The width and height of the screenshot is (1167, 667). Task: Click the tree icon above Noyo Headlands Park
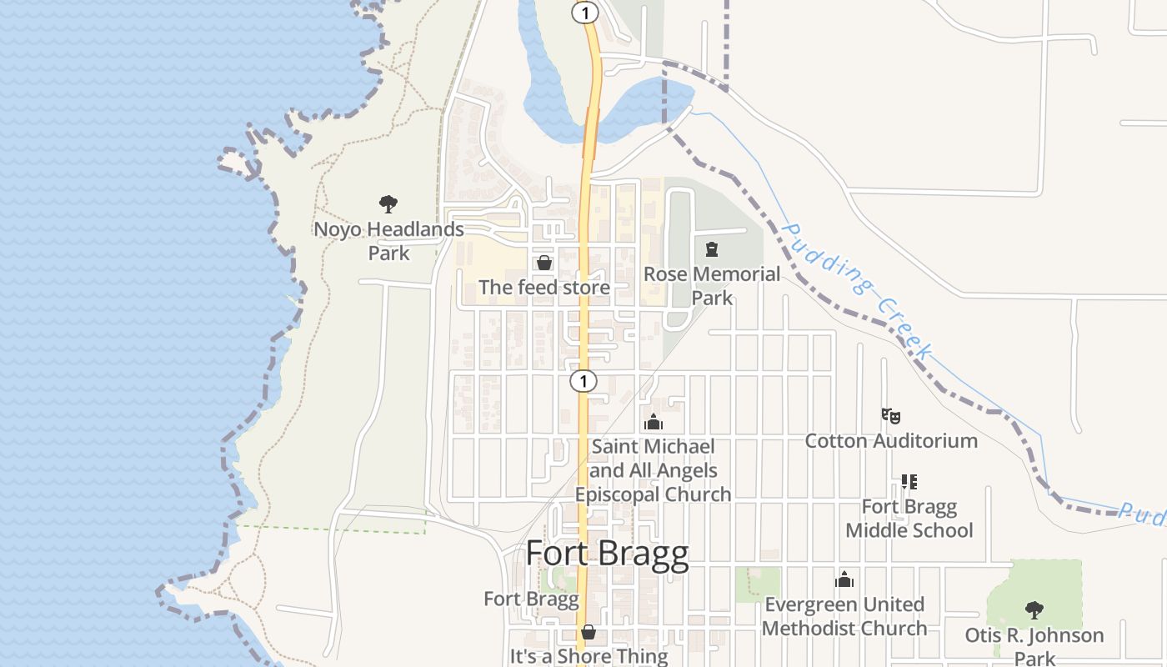(x=388, y=204)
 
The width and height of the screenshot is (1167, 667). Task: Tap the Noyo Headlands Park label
(x=388, y=241)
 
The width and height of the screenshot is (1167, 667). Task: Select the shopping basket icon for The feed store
(x=544, y=263)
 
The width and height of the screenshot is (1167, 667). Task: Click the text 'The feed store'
(x=544, y=288)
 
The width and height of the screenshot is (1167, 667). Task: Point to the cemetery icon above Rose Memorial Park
(x=712, y=249)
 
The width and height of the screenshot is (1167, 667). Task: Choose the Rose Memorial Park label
(x=712, y=286)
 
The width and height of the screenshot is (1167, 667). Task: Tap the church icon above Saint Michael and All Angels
(x=654, y=423)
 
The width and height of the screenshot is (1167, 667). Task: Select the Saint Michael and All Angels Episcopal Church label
(x=654, y=470)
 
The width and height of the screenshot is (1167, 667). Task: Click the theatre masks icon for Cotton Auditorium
(x=891, y=415)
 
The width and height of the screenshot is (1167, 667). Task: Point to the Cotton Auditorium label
(x=891, y=440)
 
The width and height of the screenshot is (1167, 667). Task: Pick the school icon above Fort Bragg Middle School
(x=909, y=482)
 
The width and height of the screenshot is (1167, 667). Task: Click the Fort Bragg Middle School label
(x=909, y=519)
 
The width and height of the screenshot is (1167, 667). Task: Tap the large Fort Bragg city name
(x=608, y=554)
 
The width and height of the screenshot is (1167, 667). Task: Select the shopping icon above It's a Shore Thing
(x=589, y=632)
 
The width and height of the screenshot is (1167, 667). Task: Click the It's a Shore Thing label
(x=589, y=656)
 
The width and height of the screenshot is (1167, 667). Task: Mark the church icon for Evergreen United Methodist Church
(x=844, y=579)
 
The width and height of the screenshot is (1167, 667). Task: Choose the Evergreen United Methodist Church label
(x=844, y=616)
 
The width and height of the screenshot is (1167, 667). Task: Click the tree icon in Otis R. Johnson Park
(x=1034, y=610)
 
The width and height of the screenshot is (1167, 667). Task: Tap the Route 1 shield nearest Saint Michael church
(x=583, y=381)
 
